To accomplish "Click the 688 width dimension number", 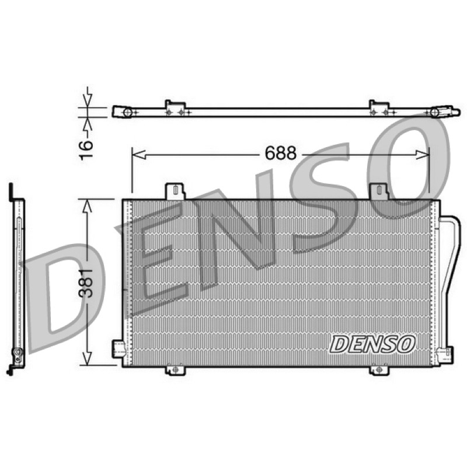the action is click(281, 154).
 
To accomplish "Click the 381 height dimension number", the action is click(86, 283).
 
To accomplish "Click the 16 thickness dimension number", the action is click(86, 150).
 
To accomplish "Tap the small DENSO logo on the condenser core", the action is click(372, 344).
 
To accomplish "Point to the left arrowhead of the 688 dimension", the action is click(138, 155).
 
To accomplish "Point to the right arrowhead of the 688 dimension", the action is click(423, 155).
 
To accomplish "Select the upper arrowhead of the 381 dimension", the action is click(86, 206).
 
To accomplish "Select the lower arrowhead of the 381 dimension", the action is click(86, 358).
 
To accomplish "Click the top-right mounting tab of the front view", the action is click(379, 191).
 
